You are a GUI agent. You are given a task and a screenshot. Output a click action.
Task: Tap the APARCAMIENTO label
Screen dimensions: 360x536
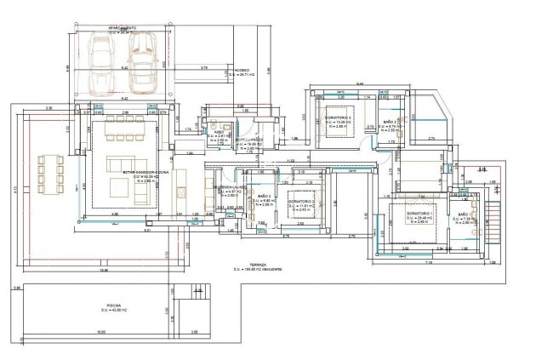click(122, 28)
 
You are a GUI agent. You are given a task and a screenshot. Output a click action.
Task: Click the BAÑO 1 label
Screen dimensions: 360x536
click(465, 214)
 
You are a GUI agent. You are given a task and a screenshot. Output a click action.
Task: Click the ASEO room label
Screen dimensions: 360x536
click(218, 133)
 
